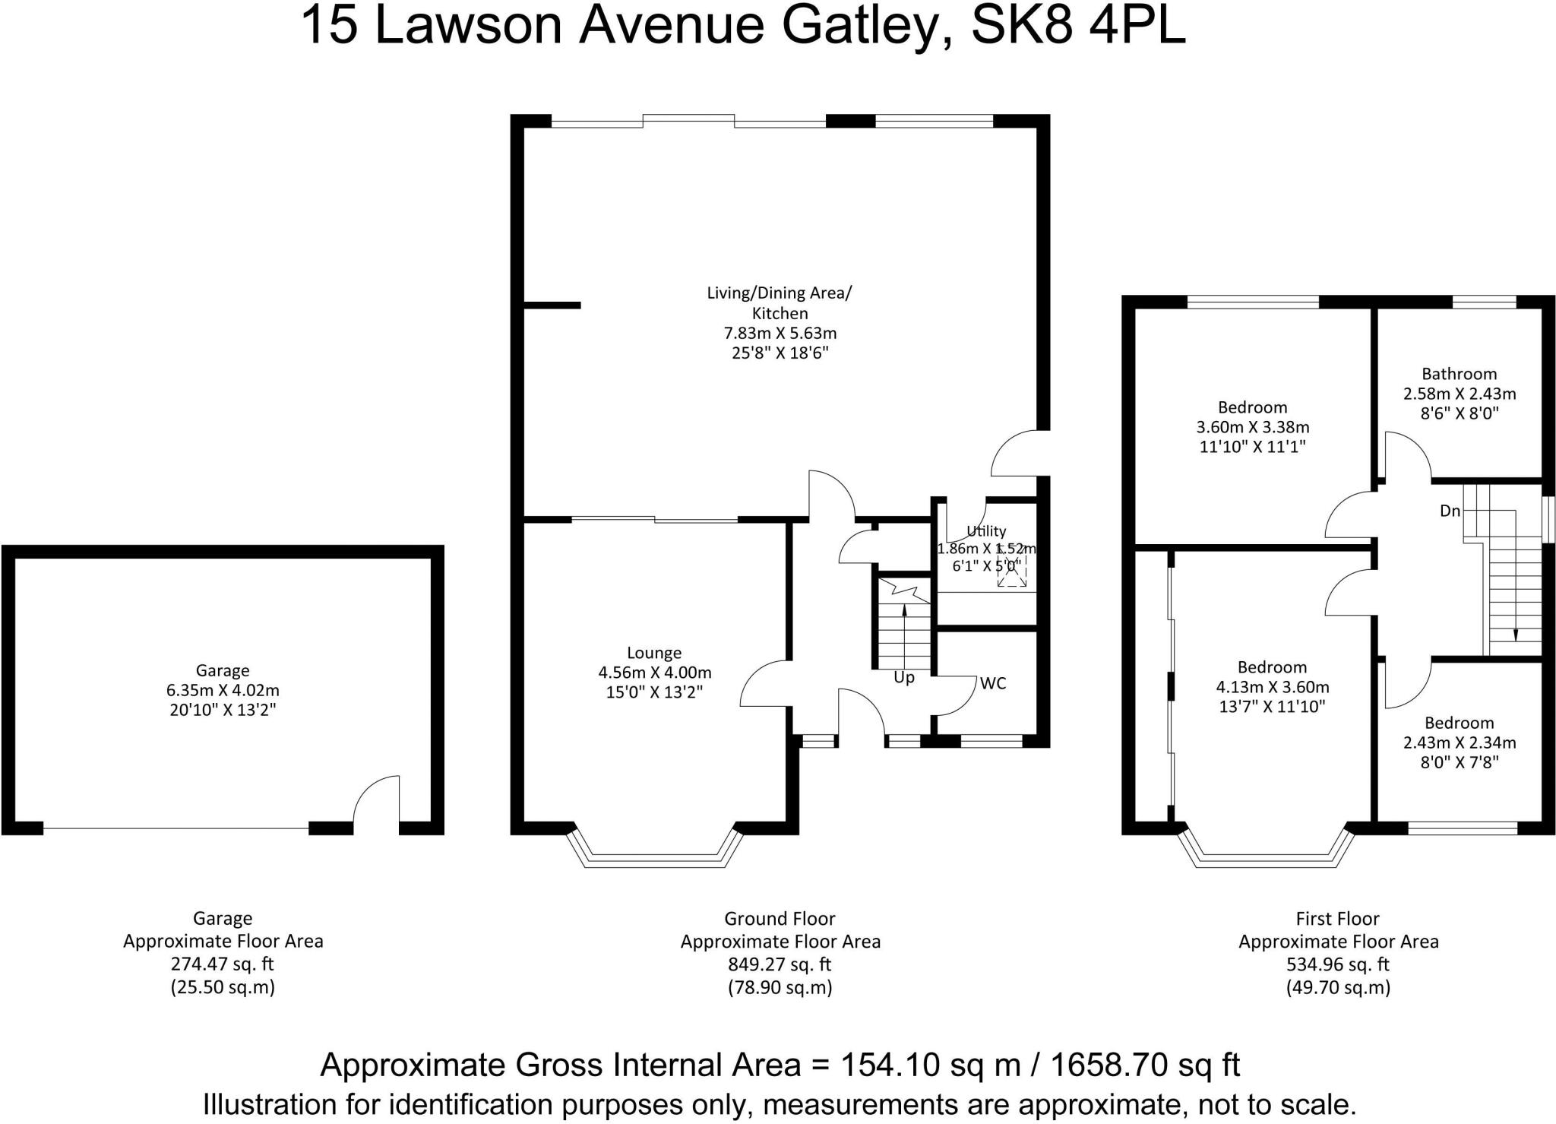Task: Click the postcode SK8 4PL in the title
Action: tap(1078, 25)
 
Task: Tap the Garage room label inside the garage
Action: tap(223, 670)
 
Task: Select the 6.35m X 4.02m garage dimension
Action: tap(223, 690)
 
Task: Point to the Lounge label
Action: tap(654, 653)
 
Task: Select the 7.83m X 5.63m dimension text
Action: tap(780, 333)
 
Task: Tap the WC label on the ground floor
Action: tap(993, 683)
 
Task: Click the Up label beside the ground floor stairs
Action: tap(904, 678)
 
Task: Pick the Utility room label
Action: tap(986, 531)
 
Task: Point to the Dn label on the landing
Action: tap(1450, 511)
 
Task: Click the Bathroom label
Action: tap(1460, 374)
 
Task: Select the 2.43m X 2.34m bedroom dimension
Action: tap(1460, 742)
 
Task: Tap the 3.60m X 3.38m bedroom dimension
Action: tap(1253, 427)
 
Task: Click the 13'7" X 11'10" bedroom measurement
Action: tap(1273, 707)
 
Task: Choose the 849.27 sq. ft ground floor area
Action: tap(780, 964)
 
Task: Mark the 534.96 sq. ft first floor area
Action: tap(1339, 964)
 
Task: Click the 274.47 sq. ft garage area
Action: tap(223, 964)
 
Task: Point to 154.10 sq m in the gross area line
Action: tap(930, 1065)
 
